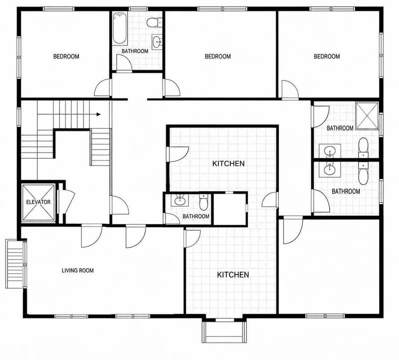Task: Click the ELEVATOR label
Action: coord(38,202)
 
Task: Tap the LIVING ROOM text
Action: coord(78,270)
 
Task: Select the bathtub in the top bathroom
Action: coord(119,28)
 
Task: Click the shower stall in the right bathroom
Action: coord(367,116)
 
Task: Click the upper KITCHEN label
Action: coord(228,164)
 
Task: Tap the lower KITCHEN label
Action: coord(233,275)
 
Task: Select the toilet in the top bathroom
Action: coord(155,22)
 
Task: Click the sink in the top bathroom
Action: coord(157,41)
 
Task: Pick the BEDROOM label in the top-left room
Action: coord(66,56)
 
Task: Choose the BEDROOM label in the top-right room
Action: coord(327,56)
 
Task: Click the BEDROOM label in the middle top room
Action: coord(218,56)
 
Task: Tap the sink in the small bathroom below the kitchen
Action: coord(180,201)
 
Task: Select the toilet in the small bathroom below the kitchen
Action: coord(203,202)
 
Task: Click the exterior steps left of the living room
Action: coord(15,264)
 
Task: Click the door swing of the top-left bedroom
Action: coord(102,88)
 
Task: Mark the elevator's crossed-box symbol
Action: coord(38,202)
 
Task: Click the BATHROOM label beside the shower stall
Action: coord(340,128)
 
